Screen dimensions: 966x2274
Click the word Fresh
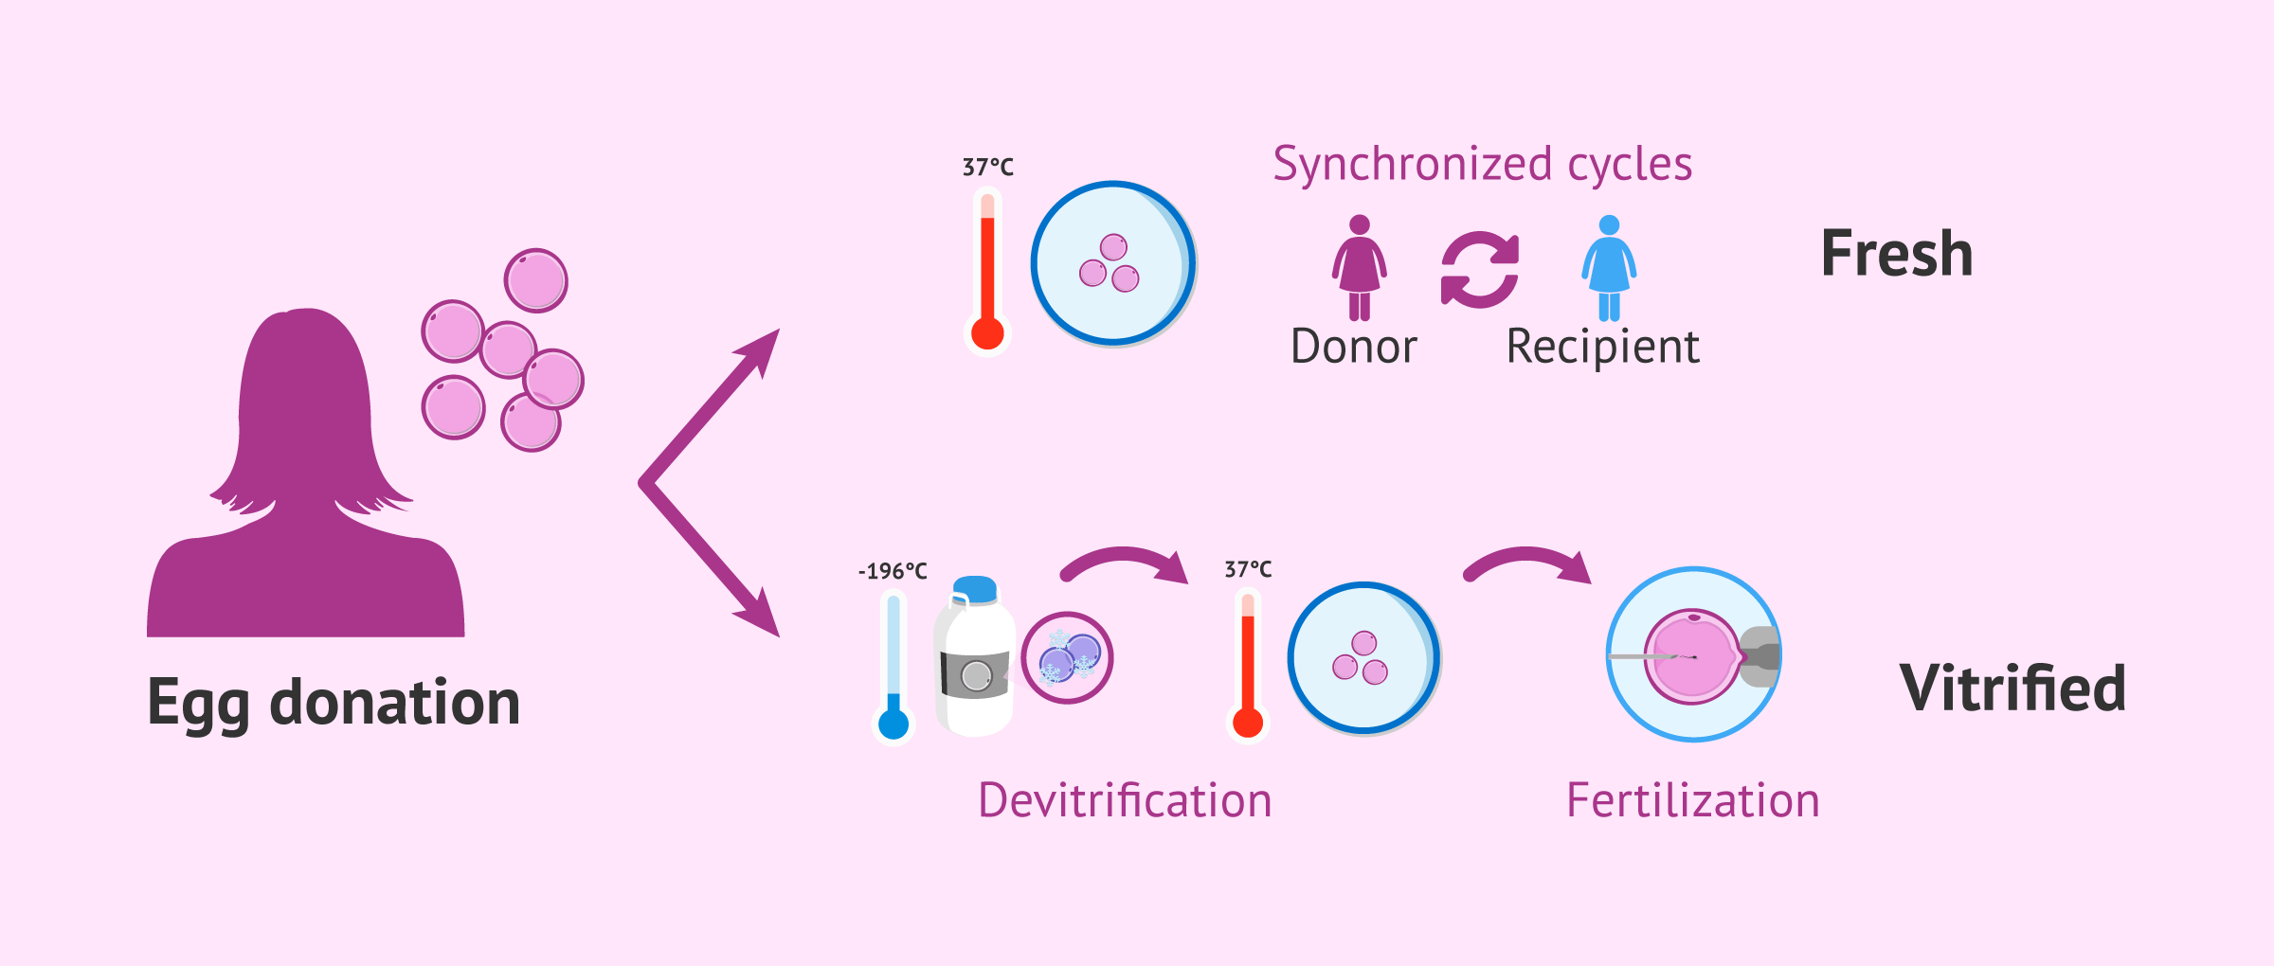tap(1897, 254)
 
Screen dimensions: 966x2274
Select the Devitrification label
tap(1125, 800)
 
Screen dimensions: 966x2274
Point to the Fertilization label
tap(1692, 800)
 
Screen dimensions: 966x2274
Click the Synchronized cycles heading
tap(1482, 164)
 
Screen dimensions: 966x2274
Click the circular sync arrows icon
tap(1480, 270)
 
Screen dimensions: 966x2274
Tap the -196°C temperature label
tap(893, 571)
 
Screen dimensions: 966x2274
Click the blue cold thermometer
tap(893, 668)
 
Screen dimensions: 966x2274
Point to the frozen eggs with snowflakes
tap(1068, 657)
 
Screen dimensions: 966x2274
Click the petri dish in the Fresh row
tap(1113, 263)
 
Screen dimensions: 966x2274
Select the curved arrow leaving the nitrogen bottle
tap(1124, 564)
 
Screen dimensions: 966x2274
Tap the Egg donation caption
tap(334, 703)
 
